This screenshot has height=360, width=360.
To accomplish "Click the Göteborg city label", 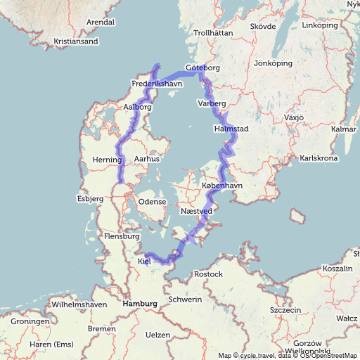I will (203, 68).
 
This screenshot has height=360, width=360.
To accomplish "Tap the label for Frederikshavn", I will (157, 84).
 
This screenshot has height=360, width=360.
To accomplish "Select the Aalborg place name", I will (137, 107).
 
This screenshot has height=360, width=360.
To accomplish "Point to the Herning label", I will (108, 161).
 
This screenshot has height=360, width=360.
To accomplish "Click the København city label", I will (221, 186).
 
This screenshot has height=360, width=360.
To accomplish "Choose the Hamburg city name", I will (139, 304).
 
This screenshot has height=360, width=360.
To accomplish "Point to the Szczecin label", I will (285, 310).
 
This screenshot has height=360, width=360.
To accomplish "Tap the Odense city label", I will (152, 202).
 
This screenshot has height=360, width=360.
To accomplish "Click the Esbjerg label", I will (90, 199).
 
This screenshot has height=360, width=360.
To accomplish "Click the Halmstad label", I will (231, 129).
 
